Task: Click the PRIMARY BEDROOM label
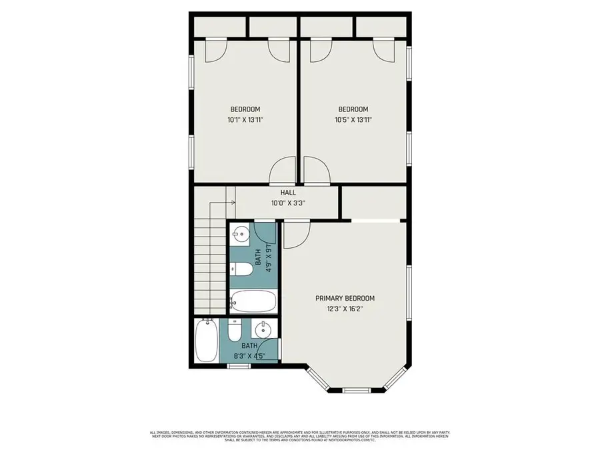coord(345,299)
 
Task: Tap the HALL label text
coord(288,193)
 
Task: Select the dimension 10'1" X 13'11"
coord(245,120)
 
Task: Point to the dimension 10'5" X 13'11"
coord(353,120)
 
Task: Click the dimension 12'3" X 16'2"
coord(345,309)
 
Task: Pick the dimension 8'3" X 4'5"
coord(249,356)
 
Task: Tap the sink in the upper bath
coord(240,233)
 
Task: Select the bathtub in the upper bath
coord(253,301)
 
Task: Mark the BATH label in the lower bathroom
coord(249,346)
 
